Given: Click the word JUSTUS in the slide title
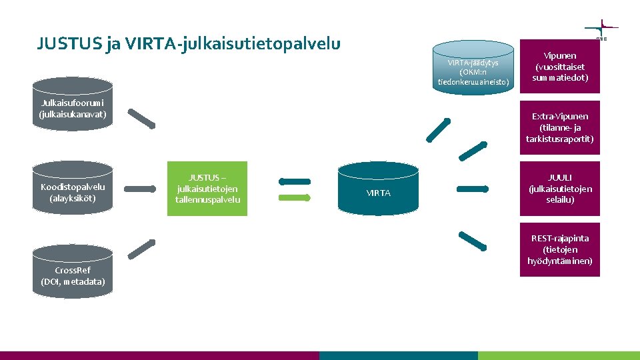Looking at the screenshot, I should click(x=65, y=44).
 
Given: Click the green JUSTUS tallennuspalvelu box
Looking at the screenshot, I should click(x=207, y=189).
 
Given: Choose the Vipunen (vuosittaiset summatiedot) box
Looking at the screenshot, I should click(x=560, y=67).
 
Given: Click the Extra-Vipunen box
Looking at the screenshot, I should click(x=560, y=127).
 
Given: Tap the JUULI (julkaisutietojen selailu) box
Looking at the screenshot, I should click(x=560, y=189).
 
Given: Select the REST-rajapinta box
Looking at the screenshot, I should click(x=560, y=249).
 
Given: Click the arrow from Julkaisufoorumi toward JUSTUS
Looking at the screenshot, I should click(x=141, y=118).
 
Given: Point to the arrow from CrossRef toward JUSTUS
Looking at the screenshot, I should click(x=141, y=248).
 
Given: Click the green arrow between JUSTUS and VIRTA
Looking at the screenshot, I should click(x=295, y=198).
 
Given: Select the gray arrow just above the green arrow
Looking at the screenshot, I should click(x=295, y=181).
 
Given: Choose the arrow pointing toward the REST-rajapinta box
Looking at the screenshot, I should click(x=474, y=240).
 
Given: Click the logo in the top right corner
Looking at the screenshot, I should click(x=601, y=30).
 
